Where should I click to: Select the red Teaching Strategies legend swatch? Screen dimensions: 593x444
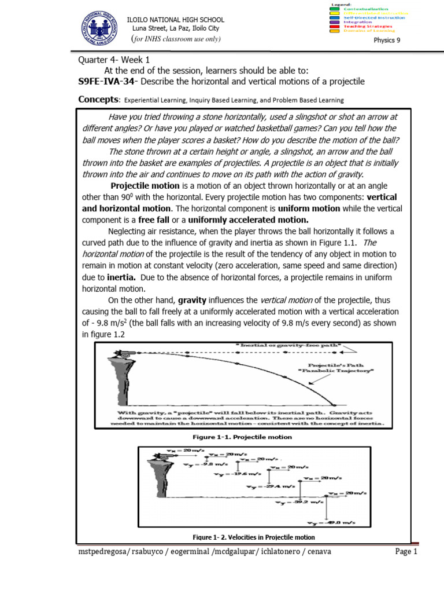[334, 26]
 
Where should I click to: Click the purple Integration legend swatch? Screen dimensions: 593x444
[334, 22]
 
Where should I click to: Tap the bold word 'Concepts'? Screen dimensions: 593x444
[98, 100]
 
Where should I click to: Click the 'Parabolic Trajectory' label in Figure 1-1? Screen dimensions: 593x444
[339, 371]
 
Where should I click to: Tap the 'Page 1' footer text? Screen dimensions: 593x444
[406, 552]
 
